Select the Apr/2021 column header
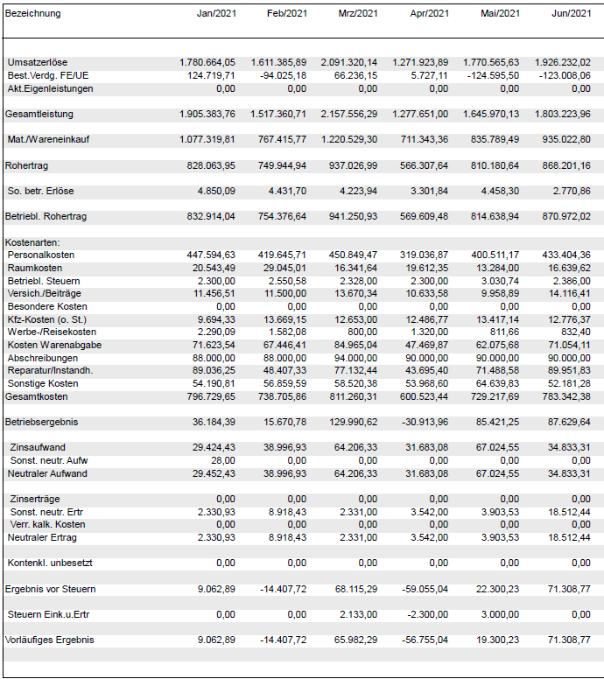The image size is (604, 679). pyautogui.click(x=429, y=13)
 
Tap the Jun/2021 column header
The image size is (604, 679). pyautogui.click(x=571, y=13)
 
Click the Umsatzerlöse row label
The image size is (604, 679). pyautogui.click(x=39, y=63)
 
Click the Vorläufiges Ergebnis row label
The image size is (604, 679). pyautogui.click(x=49, y=640)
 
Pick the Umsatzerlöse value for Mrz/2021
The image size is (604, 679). pyautogui.click(x=349, y=63)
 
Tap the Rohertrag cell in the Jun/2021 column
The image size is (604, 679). pyautogui.click(x=566, y=165)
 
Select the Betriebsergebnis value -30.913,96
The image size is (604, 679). pyautogui.click(x=423, y=423)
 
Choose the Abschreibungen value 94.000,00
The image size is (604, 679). pyautogui.click(x=355, y=358)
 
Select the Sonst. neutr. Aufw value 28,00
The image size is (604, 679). pyautogui.click(x=223, y=461)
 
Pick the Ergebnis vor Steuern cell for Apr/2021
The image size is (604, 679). pyautogui.click(x=423, y=590)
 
